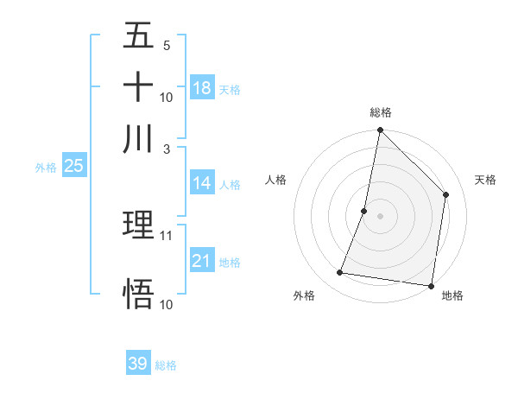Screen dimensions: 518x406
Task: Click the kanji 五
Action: tap(138, 36)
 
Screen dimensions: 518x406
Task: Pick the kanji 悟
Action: tap(138, 294)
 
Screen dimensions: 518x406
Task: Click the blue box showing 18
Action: tap(202, 88)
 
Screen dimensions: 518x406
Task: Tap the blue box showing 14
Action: tap(202, 183)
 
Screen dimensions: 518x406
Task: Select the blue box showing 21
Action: tap(202, 261)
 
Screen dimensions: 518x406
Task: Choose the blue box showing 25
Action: tap(74, 167)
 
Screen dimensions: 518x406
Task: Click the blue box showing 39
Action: tap(138, 364)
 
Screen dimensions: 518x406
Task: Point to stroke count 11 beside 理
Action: tap(167, 235)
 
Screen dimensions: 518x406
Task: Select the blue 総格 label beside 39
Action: tap(167, 365)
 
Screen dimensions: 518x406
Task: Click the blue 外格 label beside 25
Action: tap(46, 168)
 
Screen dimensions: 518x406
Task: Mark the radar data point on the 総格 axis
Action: tap(380, 131)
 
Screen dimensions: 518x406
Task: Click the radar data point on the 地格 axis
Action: tap(431, 285)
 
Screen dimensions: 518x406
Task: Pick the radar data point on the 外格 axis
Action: tap(340, 273)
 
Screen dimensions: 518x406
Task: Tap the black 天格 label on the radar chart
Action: tap(486, 180)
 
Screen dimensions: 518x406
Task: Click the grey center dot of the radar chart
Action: tap(380, 215)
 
